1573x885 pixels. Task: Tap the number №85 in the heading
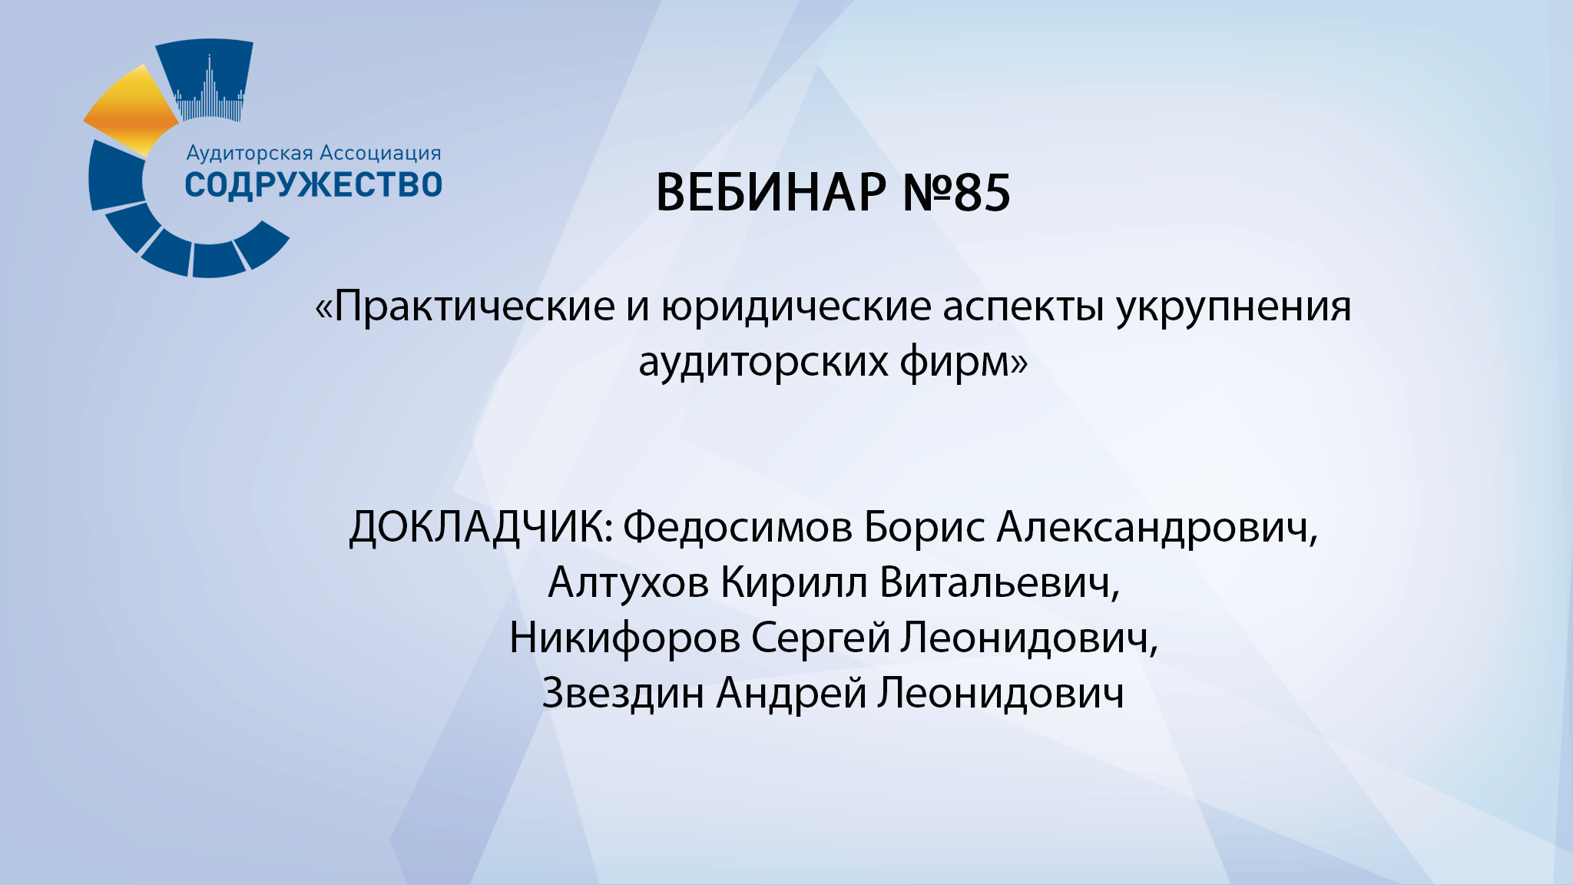pyautogui.click(x=956, y=192)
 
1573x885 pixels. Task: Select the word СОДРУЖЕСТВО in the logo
pyautogui.click(x=313, y=185)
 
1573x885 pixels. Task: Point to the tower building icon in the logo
pyautogui.click(x=209, y=88)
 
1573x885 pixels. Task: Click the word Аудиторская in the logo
pyautogui.click(x=250, y=154)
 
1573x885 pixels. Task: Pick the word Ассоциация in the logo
pyautogui.click(x=380, y=154)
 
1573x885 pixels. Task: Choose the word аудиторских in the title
pyautogui.click(x=763, y=362)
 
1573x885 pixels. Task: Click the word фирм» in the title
pyautogui.click(x=963, y=362)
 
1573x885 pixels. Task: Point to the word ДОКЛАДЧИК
pyautogui.click(x=481, y=529)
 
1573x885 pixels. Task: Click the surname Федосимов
pyautogui.click(x=737, y=529)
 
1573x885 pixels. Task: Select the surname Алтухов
pyautogui.click(x=628, y=583)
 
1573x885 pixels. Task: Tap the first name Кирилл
pyautogui.click(x=794, y=583)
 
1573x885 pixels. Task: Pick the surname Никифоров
pyautogui.click(x=624, y=638)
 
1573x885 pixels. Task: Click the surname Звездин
pyautogui.click(x=623, y=694)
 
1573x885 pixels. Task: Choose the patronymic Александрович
pyautogui.click(x=1157, y=529)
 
